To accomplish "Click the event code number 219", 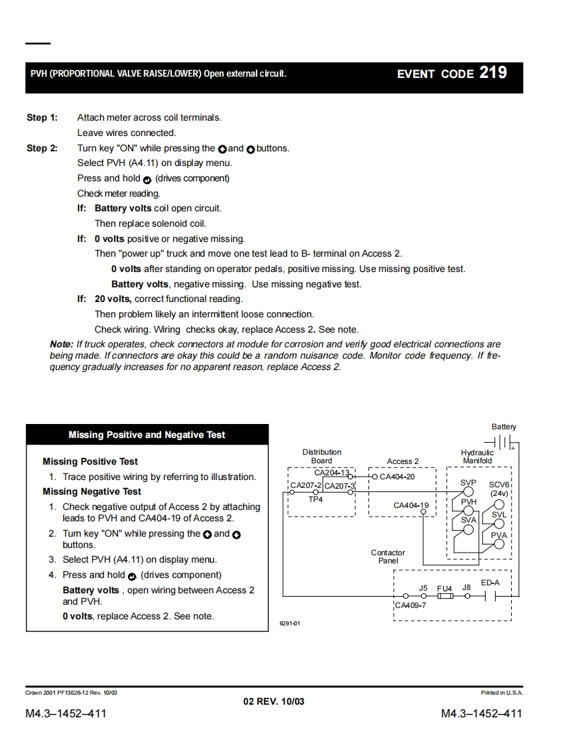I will tap(493, 73).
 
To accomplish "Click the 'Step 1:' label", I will tap(41, 118).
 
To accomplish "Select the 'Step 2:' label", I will tap(41, 148).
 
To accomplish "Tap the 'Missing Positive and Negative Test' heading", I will tap(147, 435).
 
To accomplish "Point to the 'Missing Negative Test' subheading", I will tap(92, 491).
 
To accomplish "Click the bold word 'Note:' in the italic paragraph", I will tap(61, 344).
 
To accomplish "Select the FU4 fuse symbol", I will tap(444, 596).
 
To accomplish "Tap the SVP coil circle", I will tap(468, 493).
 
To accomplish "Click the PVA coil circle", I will tap(498, 545).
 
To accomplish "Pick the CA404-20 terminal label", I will tap(397, 477).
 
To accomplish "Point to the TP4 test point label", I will tap(316, 499).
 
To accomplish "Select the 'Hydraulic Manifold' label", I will tap(477, 457).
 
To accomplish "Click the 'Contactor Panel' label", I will tap(388, 557).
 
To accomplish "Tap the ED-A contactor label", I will tap(490, 583).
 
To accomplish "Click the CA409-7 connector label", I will tap(410, 605).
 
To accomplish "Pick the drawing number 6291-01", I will tap(290, 624).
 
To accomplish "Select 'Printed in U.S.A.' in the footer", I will tap(501, 693).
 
